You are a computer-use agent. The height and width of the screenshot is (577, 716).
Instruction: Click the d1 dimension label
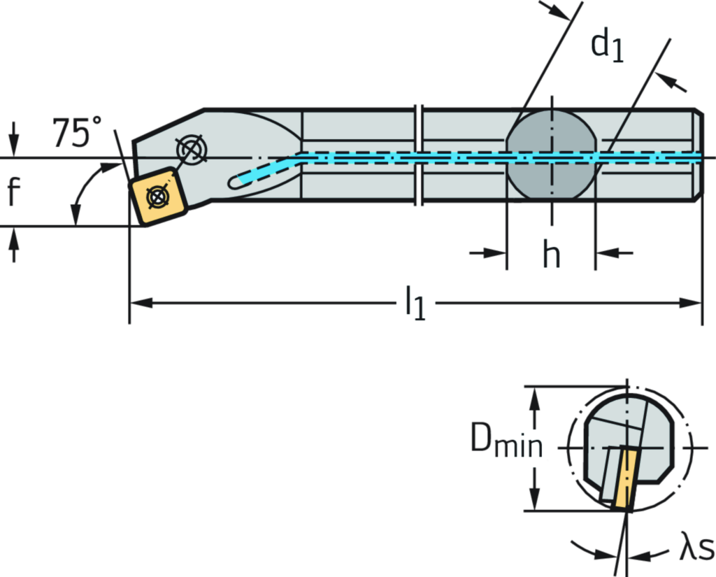(608, 45)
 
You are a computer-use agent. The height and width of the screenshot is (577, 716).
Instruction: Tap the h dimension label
(552, 253)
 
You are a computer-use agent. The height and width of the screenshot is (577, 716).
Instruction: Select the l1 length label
(415, 303)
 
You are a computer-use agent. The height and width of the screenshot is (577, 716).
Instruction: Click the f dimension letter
(14, 192)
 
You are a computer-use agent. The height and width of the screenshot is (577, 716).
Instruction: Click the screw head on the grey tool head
(192, 148)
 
